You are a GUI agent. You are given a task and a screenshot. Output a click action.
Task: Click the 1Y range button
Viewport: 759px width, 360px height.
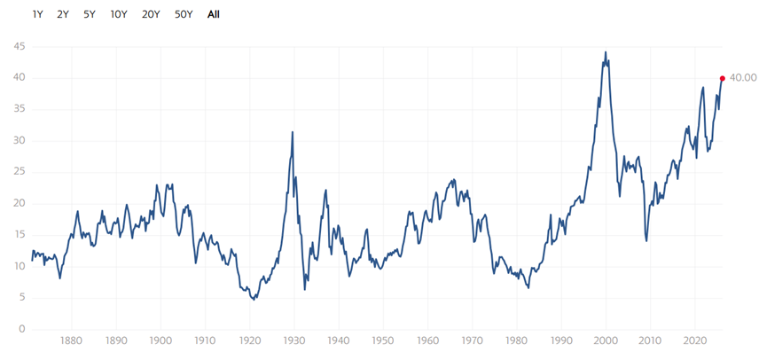pyautogui.click(x=37, y=14)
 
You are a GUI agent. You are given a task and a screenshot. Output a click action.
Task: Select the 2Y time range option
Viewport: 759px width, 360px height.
pyautogui.click(x=63, y=14)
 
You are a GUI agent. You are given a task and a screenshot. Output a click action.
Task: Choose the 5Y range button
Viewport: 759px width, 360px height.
pyautogui.click(x=90, y=14)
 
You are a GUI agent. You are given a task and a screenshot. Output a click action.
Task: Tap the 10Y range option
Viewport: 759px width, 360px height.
pyautogui.click(x=118, y=14)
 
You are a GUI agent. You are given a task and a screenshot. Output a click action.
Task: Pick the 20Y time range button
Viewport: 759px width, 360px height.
pyautogui.click(x=151, y=14)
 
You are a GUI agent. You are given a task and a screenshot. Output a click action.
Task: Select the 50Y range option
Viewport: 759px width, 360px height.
pyautogui.click(x=184, y=14)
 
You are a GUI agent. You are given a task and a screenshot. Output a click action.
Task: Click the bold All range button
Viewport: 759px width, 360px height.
pyautogui.click(x=214, y=14)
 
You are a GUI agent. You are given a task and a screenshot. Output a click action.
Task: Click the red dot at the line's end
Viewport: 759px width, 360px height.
pyautogui.click(x=723, y=78)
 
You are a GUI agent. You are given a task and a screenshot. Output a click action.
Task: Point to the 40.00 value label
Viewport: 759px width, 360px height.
pyautogui.click(x=742, y=78)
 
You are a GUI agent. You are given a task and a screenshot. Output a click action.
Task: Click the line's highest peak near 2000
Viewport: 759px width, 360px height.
pyautogui.click(x=606, y=52)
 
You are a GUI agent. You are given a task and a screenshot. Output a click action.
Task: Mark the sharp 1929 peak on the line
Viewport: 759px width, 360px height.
pyautogui.click(x=293, y=132)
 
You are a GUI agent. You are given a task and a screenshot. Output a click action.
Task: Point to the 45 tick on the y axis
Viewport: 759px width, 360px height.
pyautogui.click(x=18, y=47)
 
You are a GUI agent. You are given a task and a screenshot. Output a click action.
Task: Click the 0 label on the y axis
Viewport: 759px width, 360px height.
pyautogui.click(x=21, y=329)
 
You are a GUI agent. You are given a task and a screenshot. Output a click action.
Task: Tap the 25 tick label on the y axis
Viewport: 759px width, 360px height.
pyautogui.click(x=18, y=172)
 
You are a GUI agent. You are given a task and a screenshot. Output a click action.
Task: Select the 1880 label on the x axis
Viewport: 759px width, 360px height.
pyautogui.click(x=71, y=340)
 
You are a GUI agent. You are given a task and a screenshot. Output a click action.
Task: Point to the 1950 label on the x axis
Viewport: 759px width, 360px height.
pyautogui.click(x=382, y=340)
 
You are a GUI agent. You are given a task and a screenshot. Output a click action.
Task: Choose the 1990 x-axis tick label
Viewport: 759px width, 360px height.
pyautogui.click(x=560, y=340)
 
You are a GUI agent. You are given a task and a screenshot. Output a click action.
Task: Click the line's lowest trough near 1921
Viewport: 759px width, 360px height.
pyautogui.click(x=254, y=300)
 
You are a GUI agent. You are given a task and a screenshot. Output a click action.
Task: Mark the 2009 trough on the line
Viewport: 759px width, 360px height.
pyautogui.click(x=646, y=240)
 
